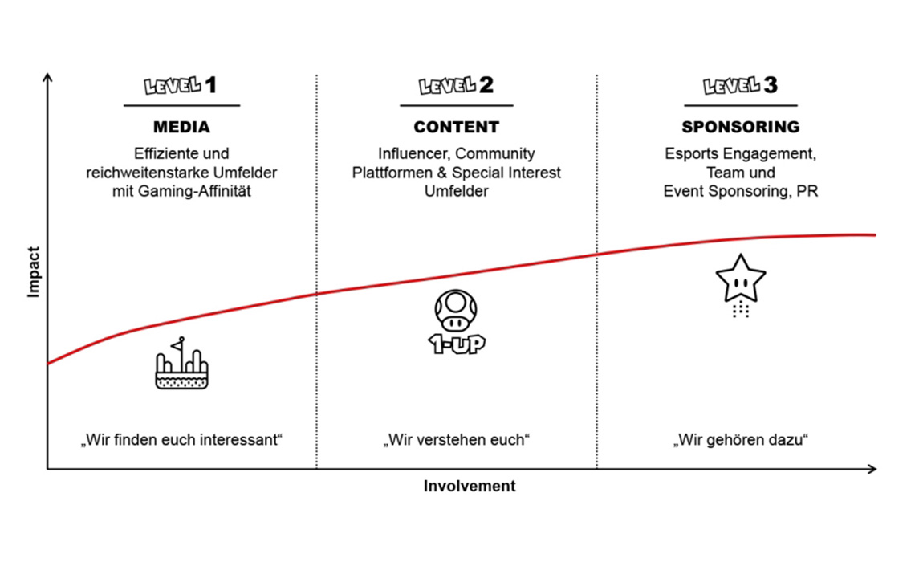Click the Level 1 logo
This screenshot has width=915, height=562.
(x=181, y=85)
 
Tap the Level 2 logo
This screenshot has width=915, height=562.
(x=457, y=85)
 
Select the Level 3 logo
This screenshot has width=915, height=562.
(x=741, y=85)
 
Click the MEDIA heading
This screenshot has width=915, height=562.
(x=181, y=127)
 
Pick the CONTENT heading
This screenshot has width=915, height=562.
(x=457, y=127)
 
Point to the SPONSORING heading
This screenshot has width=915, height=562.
(x=741, y=127)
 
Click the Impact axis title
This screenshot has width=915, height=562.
(x=33, y=272)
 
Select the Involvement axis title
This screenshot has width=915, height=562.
(x=470, y=486)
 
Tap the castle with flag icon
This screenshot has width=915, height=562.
(x=181, y=363)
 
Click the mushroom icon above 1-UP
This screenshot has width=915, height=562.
(x=456, y=311)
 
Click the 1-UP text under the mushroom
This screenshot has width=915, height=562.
(x=457, y=344)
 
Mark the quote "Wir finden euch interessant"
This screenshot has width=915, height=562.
(x=181, y=439)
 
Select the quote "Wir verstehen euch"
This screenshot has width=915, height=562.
(x=457, y=439)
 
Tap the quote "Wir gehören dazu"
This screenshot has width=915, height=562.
(x=741, y=439)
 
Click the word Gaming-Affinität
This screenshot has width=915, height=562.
(x=194, y=191)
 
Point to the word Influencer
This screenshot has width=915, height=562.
(x=413, y=153)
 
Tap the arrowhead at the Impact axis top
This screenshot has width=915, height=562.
(x=48, y=77)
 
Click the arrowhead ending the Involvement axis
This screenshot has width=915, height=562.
(x=872, y=469)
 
